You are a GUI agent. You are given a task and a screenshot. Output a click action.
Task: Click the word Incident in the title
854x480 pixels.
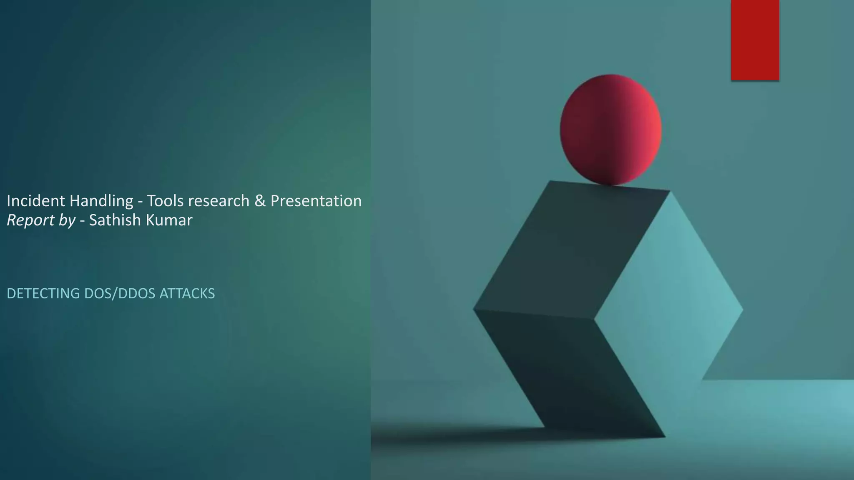(x=36, y=201)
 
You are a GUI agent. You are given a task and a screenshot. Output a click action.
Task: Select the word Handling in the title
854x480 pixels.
(x=101, y=201)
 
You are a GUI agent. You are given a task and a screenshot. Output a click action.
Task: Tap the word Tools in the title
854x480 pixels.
(x=165, y=201)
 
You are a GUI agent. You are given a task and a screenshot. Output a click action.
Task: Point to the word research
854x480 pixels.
(x=219, y=201)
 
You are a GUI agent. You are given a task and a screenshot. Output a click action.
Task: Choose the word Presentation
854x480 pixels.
(x=316, y=201)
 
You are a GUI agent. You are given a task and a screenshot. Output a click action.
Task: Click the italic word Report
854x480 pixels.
(x=31, y=220)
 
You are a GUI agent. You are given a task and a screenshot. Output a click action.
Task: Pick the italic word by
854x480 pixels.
(x=67, y=220)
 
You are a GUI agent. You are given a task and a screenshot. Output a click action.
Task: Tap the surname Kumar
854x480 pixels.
(x=169, y=220)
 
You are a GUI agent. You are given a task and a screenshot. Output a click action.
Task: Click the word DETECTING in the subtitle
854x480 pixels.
(x=43, y=294)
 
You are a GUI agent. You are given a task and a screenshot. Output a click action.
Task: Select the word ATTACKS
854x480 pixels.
(x=187, y=294)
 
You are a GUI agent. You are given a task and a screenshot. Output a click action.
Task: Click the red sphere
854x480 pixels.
(x=610, y=130)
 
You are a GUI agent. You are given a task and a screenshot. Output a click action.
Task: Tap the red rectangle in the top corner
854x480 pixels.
(x=755, y=40)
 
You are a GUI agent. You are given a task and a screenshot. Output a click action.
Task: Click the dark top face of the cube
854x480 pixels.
(x=571, y=250)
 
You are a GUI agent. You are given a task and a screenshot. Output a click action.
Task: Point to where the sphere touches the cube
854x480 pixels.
(x=610, y=185)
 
